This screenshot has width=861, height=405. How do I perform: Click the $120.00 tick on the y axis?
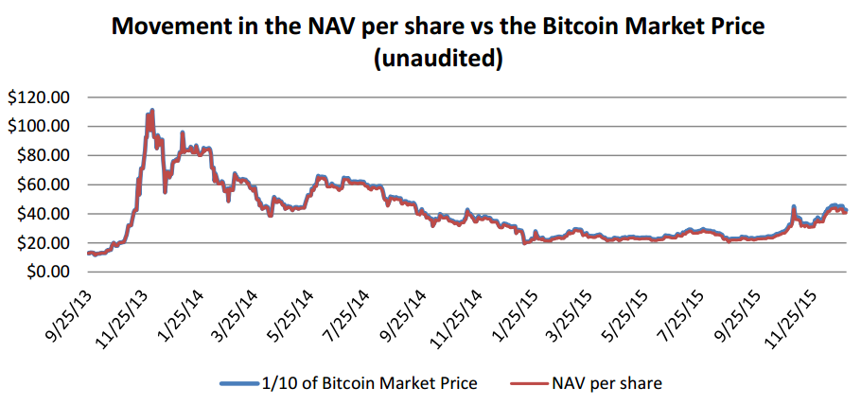pyautogui.click(x=39, y=97)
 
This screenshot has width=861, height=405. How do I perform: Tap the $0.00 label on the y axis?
pyautogui.click(x=46, y=273)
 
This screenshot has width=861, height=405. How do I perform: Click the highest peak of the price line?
pyautogui.click(x=151, y=110)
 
